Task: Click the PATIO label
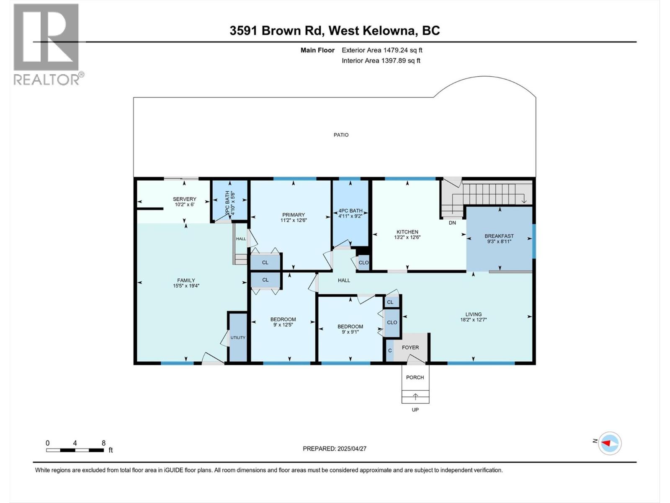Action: pyautogui.click(x=341, y=135)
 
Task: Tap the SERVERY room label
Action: pyautogui.click(x=185, y=199)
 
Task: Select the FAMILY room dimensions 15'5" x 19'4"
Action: pyautogui.click(x=186, y=286)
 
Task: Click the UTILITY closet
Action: pyautogui.click(x=238, y=337)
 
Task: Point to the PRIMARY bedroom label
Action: pyautogui.click(x=294, y=215)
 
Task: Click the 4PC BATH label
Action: pyautogui.click(x=350, y=211)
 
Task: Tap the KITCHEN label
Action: pyautogui.click(x=407, y=232)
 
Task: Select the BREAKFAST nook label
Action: pyautogui.click(x=499, y=236)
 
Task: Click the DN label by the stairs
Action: pyautogui.click(x=452, y=223)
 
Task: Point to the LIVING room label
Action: pyautogui.click(x=474, y=314)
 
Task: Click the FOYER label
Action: pyautogui.click(x=410, y=347)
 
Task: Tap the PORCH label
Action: pyautogui.click(x=415, y=377)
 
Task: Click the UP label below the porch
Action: pyautogui.click(x=415, y=410)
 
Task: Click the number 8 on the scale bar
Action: pyautogui.click(x=103, y=443)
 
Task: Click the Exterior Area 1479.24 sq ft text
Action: pyautogui.click(x=382, y=50)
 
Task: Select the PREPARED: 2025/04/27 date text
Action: pyautogui.click(x=335, y=449)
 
